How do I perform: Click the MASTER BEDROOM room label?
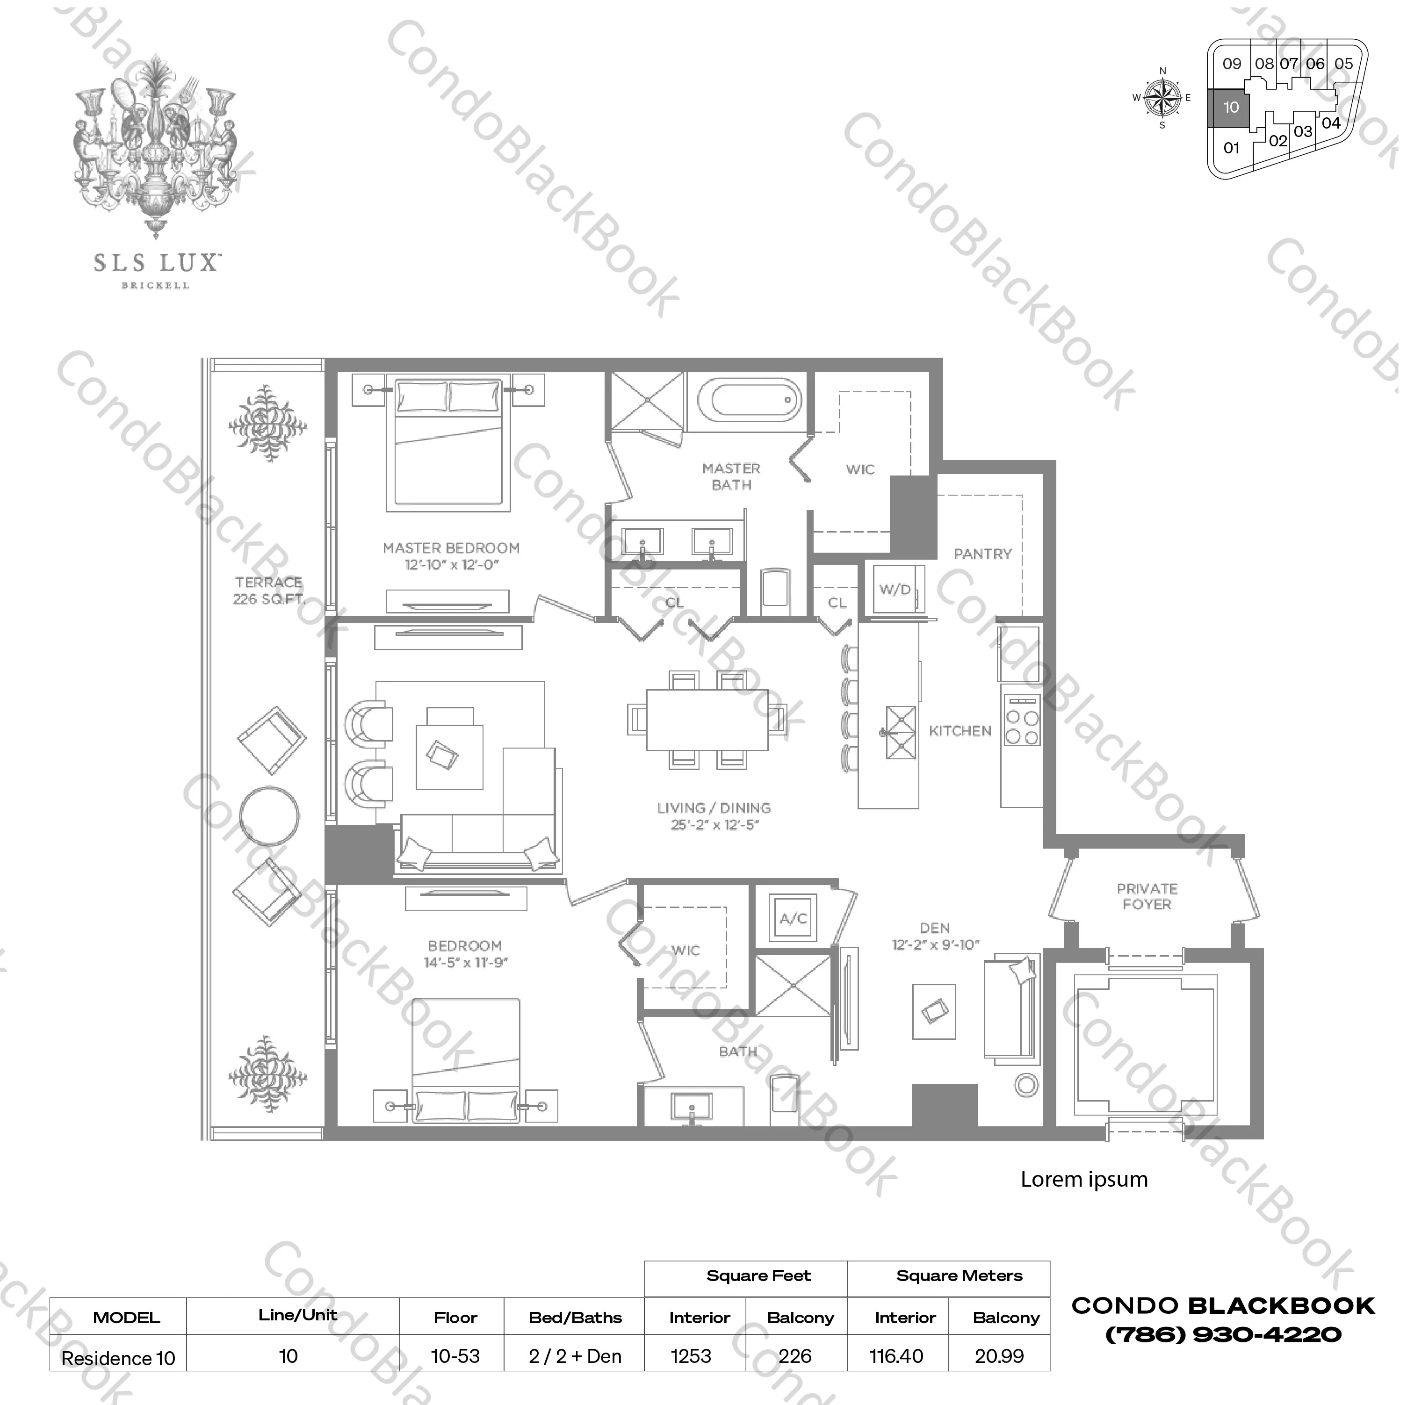[x=451, y=548]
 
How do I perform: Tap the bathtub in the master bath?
[x=749, y=400]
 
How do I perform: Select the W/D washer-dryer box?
[x=895, y=589]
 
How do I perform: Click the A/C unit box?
[x=793, y=918]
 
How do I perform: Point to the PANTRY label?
[x=982, y=554]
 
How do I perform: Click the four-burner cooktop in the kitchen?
[x=1021, y=719]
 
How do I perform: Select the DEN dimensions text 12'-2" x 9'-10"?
[x=936, y=944]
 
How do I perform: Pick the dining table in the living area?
[x=707, y=720]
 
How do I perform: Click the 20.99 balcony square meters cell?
[x=999, y=1356]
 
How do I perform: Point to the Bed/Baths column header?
[x=575, y=1318]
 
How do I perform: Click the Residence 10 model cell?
[x=118, y=1358]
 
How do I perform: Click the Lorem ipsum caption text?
[x=1083, y=1179]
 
